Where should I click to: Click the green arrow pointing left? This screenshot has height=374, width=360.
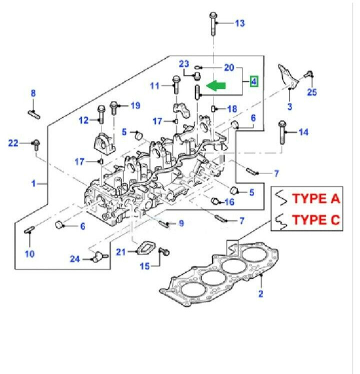215,85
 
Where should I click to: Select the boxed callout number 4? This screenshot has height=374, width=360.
253,81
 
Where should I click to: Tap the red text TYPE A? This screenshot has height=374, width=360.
316,198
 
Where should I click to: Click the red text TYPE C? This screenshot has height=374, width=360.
316,220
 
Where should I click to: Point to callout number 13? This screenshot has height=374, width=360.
240,23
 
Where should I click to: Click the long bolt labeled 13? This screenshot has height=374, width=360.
213,24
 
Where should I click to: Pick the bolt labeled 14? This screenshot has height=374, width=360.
282,132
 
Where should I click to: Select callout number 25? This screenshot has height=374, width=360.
311,92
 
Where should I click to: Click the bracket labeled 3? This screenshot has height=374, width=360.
288,75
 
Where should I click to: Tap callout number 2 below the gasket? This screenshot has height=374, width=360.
260,294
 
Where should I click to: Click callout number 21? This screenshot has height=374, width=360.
120,252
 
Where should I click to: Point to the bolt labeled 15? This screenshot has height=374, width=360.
164,251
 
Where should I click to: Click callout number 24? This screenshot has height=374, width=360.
75,259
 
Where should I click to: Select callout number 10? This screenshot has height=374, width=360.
29,254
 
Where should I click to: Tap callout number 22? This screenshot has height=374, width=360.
13,143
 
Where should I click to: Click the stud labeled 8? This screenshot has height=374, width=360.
34,114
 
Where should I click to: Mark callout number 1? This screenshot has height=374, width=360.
33,183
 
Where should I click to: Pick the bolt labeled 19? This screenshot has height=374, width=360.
113,108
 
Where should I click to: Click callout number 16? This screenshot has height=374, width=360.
229,202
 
